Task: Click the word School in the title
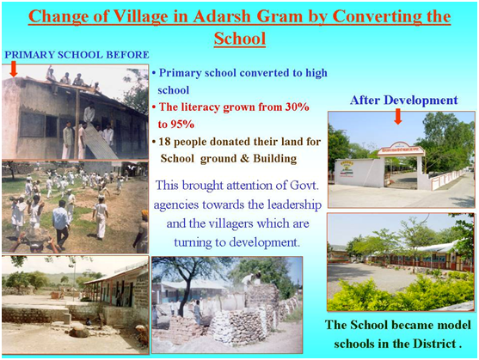(x=240, y=39)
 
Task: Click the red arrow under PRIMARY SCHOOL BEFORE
(x=14, y=70)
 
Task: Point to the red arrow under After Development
(x=398, y=117)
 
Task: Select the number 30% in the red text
(x=297, y=107)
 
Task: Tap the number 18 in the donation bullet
(x=164, y=142)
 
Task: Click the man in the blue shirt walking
(x=61, y=224)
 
